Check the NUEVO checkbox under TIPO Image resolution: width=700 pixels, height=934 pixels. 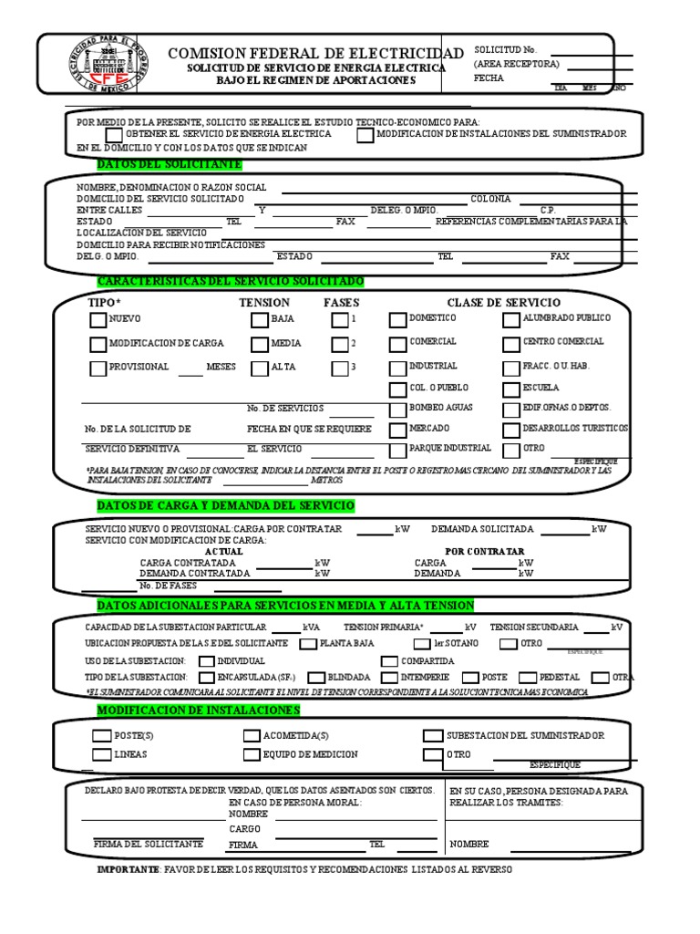[x=98, y=320]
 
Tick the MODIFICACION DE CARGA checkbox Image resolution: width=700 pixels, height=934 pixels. [x=98, y=345]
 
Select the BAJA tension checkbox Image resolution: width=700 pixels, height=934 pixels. [x=259, y=320]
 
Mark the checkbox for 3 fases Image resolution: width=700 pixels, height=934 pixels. [x=339, y=368]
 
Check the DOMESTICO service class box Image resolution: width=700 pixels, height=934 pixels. [x=397, y=320]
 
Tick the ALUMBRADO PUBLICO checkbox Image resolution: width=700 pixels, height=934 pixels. [x=510, y=320]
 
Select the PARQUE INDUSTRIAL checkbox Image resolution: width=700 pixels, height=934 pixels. [x=397, y=450]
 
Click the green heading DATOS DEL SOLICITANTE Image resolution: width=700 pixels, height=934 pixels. [x=170, y=164]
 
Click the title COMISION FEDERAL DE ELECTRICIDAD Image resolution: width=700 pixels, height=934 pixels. [x=315, y=54]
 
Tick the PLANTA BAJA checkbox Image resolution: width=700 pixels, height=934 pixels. [x=307, y=644]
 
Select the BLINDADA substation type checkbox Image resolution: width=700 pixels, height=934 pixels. [x=316, y=678]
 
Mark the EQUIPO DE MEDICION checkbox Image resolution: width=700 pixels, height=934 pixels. [x=252, y=755]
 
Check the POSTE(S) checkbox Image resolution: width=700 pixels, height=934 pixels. [x=100, y=736]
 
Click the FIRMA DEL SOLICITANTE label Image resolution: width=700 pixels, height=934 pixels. [x=149, y=845]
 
